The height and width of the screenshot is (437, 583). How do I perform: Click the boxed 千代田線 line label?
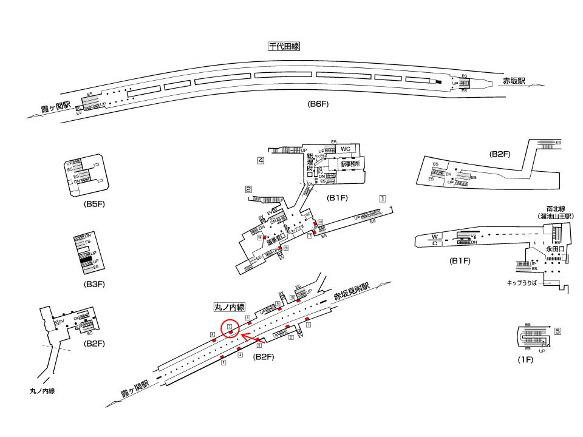[x=284, y=46]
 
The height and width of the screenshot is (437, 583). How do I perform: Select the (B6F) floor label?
[x=318, y=104]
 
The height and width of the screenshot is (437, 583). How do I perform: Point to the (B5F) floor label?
[x=95, y=204]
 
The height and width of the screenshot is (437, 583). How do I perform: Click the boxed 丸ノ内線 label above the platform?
[x=229, y=308]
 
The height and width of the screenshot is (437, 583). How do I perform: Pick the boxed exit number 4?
[x=261, y=161]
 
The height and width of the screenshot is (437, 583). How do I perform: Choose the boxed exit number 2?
[x=248, y=189]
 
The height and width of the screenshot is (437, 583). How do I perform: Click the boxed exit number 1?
[x=383, y=198]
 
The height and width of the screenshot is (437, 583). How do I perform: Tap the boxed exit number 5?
[x=557, y=331]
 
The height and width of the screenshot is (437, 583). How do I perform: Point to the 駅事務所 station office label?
[x=350, y=164]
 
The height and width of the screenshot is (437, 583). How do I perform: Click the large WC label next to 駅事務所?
[x=346, y=149]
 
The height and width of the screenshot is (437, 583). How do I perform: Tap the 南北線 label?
[x=556, y=208]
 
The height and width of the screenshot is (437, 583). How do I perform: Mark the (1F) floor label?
[x=525, y=361]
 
